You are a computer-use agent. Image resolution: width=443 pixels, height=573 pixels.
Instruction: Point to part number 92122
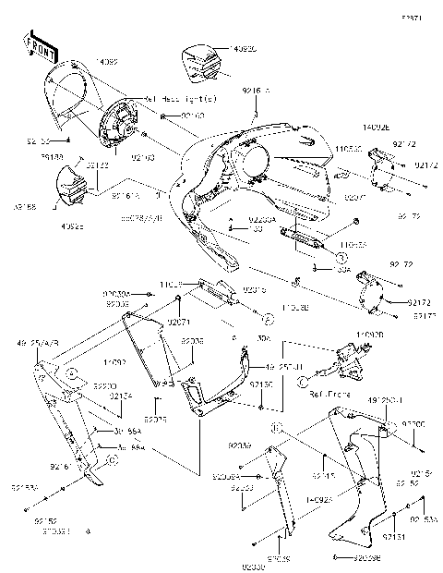(x=98, y=165)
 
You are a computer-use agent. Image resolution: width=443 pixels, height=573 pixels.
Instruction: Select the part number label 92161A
(x=127, y=196)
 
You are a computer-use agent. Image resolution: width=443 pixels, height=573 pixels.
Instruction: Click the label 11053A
(x=353, y=245)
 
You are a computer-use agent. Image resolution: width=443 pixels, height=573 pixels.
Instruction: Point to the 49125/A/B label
(x=37, y=341)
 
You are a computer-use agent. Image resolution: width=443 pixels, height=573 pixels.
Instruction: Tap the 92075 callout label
(x=156, y=419)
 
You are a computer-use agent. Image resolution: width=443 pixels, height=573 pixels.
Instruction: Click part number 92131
(x=394, y=536)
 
